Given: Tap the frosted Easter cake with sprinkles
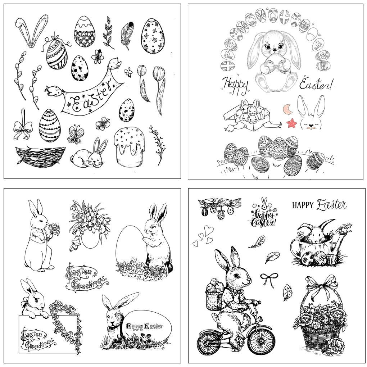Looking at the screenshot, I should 129,146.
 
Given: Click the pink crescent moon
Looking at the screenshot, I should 287,108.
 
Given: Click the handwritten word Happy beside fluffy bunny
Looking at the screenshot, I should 236,85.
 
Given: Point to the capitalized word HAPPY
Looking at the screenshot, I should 303,205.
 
